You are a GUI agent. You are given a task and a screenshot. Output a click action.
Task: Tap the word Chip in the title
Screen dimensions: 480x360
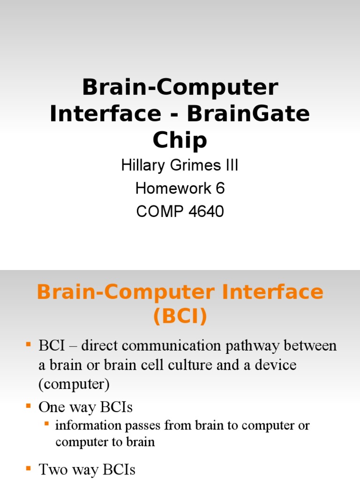tap(180, 140)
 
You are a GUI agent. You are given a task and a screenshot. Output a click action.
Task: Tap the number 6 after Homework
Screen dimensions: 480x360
tap(220, 188)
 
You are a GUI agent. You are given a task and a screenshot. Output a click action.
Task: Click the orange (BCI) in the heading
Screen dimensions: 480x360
tap(180, 317)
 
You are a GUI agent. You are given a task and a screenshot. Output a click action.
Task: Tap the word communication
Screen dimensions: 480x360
tap(164, 346)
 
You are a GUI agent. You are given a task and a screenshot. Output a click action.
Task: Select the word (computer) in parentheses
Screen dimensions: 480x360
tap(74, 384)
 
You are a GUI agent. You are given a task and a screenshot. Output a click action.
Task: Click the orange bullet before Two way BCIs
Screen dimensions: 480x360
tap(28, 468)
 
